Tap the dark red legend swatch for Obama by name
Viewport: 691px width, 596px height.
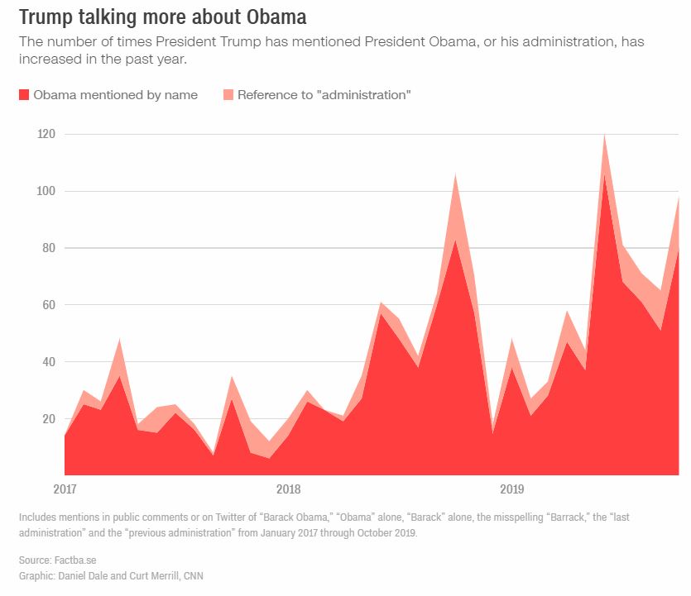point(24,95)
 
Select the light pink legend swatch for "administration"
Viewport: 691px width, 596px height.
point(228,95)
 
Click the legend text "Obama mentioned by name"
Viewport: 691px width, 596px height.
point(115,95)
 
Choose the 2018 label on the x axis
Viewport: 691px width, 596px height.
point(289,489)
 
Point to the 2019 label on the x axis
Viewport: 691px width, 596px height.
point(513,489)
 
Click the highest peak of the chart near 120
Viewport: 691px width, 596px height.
point(605,134)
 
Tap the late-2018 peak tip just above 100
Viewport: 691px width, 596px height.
point(455,174)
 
